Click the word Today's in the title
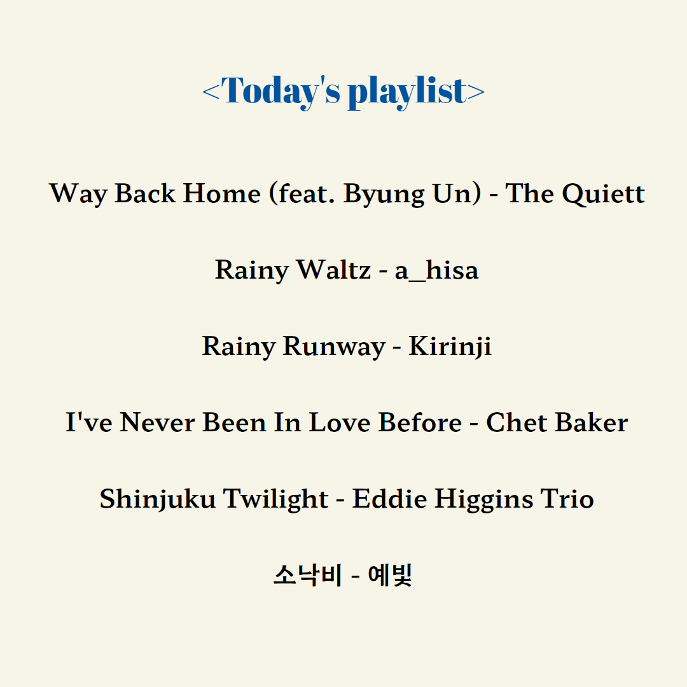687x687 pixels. tap(281, 91)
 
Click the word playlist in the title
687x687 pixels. tap(408, 91)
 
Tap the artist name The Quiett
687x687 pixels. tap(575, 193)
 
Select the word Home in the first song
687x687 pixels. tap(222, 193)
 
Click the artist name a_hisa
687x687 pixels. tap(436, 270)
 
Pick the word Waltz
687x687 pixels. tap(334, 270)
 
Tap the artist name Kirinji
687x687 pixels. tap(450, 347)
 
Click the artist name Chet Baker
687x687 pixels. tap(557, 422)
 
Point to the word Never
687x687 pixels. tap(157, 422)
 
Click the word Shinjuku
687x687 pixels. tap(157, 499)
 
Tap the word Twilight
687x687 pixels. tap(275, 499)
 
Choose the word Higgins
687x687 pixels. tap(483, 499)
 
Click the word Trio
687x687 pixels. tap(567, 499)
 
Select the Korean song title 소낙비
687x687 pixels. tap(307, 575)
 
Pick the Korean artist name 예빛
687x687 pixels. tap(390, 575)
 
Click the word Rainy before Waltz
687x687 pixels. tap(251, 270)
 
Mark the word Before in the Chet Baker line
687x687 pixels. tap(420, 422)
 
